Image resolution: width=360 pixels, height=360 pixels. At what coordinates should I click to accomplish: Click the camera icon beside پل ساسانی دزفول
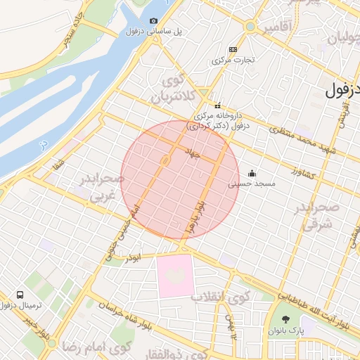(155, 21)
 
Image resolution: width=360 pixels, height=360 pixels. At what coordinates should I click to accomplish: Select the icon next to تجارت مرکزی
(233, 49)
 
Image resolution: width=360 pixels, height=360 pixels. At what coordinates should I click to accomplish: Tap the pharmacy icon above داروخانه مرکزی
(217, 105)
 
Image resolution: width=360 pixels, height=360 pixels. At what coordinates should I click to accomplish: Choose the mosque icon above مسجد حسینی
(252, 174)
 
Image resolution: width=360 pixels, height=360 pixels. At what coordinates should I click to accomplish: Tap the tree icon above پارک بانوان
(284, 319)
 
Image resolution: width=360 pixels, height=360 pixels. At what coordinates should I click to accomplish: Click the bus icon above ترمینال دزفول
(21, 294)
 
